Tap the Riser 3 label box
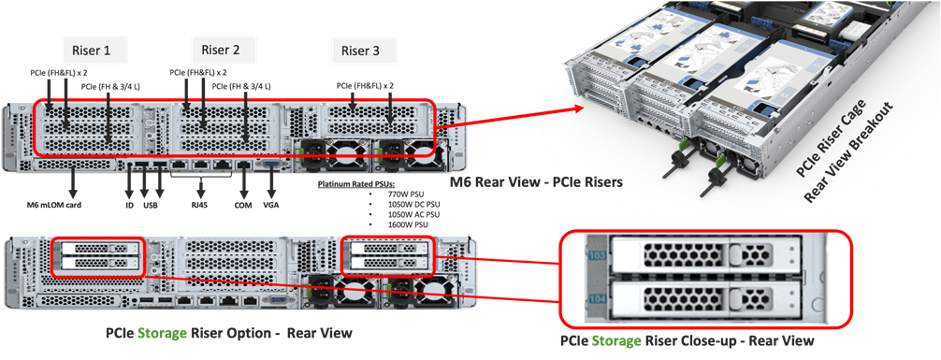pos(360,50)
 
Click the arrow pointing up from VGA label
pos(271,181)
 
